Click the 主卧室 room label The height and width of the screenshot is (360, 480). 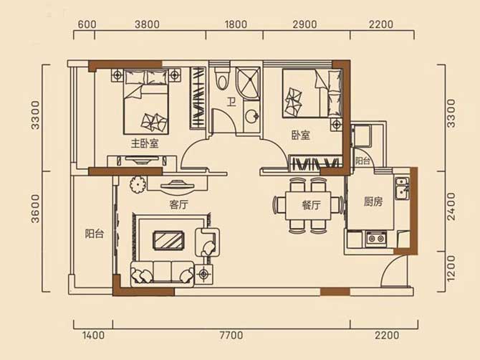coord(145,143)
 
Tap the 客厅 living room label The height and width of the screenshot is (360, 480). coord(179,204)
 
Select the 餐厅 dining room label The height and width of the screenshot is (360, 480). coord(311,205)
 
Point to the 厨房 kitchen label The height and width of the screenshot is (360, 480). coord(373,202)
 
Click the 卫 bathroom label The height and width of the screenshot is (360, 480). coord(231,102)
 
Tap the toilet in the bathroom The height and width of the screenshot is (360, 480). coord(222,79)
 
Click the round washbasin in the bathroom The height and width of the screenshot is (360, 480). coord(252,115)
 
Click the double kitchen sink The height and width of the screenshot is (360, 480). coord(402,188)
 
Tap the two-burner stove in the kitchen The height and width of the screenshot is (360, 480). coord(376,238)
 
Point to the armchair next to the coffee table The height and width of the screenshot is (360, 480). coord(208,242)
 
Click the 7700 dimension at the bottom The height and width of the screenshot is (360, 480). coord(231,335)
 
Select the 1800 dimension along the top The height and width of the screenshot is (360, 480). coord(236,24)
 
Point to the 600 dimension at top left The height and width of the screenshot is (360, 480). coord(87,24)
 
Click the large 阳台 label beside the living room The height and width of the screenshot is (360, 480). coord(95,234)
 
